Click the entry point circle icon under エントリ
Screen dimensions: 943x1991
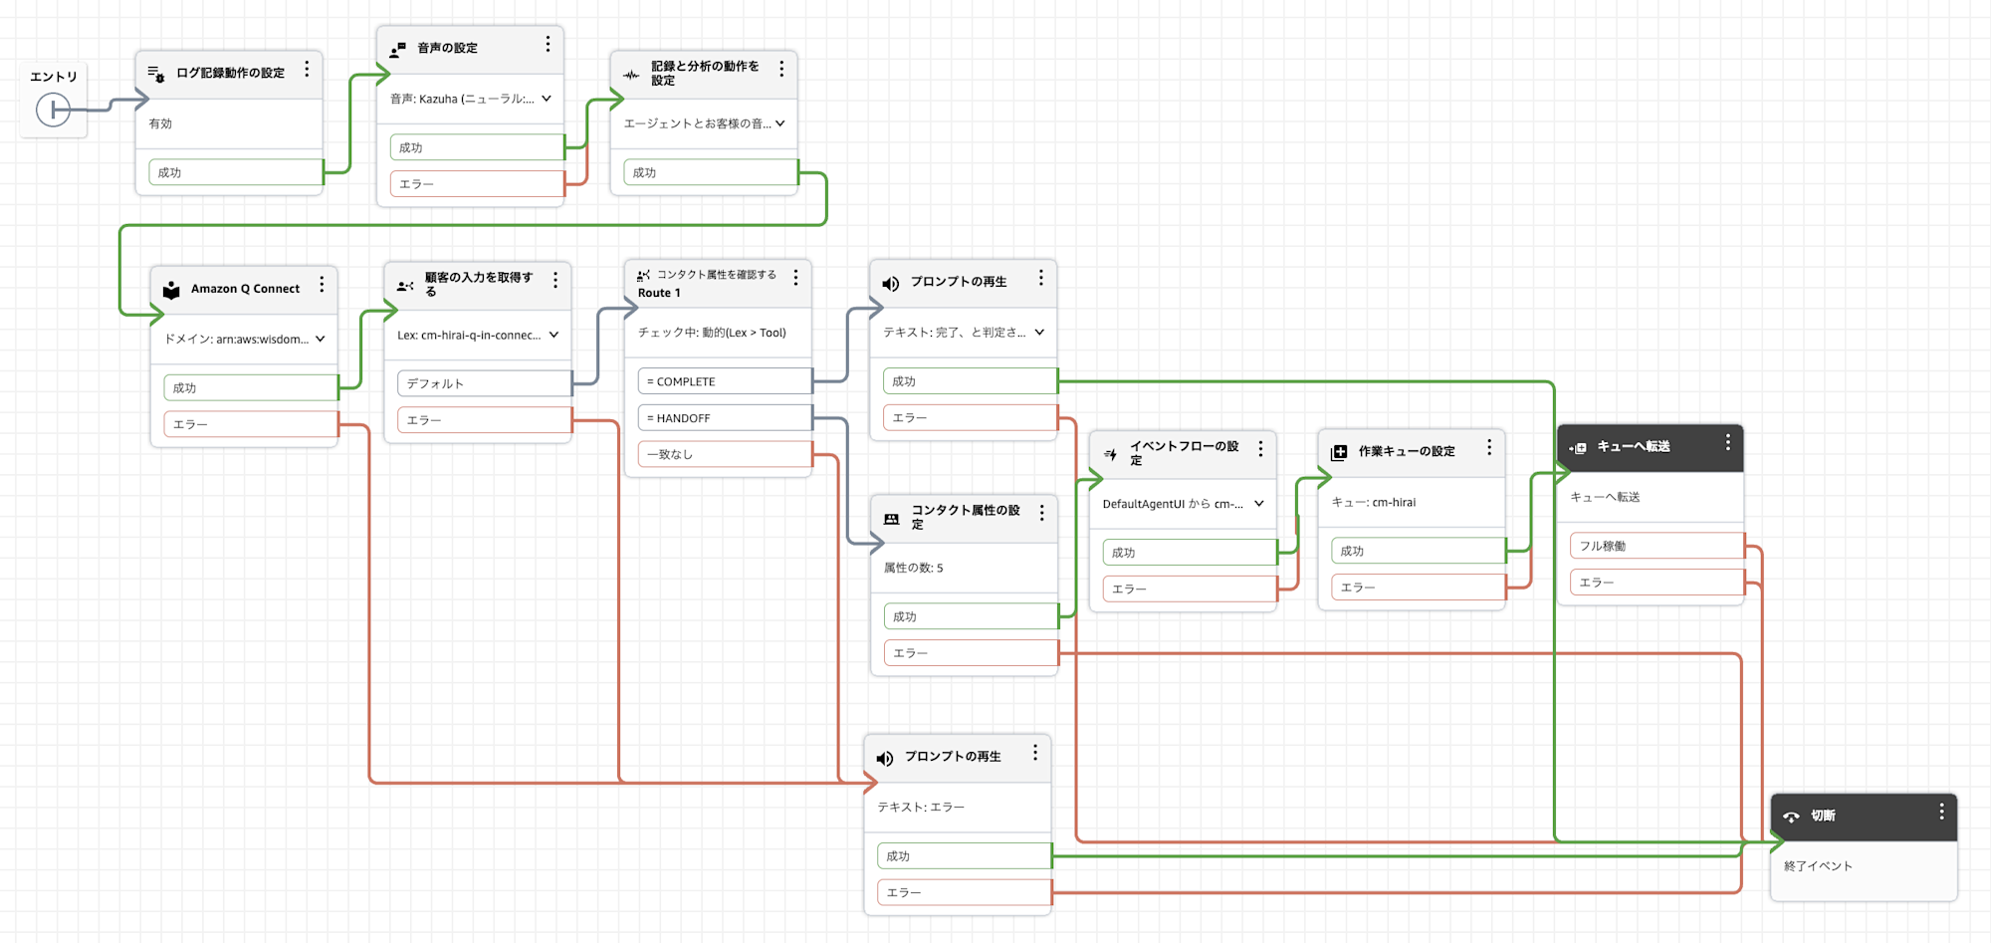53,110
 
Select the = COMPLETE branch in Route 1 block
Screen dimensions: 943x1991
724,381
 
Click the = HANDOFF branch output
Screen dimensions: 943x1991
724,418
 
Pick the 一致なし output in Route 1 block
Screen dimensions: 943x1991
724,454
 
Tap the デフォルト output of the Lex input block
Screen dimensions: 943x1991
484,383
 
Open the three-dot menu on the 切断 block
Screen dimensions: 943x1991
1941,813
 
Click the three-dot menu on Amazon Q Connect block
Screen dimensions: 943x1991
322,286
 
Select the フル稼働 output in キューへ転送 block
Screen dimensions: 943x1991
1657,546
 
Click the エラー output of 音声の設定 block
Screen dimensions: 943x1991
476,184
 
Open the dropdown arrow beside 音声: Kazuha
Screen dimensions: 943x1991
547,99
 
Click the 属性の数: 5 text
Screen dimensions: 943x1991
913,568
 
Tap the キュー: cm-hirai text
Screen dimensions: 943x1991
1373,502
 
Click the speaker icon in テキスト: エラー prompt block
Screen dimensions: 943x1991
884,759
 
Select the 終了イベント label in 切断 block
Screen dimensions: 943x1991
1818,866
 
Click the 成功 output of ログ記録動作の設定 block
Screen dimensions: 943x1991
235,172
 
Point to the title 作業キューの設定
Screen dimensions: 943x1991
1406,451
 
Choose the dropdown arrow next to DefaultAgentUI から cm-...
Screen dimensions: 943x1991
1259,504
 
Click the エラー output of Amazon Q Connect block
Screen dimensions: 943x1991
250,424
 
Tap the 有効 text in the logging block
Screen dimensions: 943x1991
160,123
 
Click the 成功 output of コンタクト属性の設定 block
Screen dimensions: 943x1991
970,616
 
